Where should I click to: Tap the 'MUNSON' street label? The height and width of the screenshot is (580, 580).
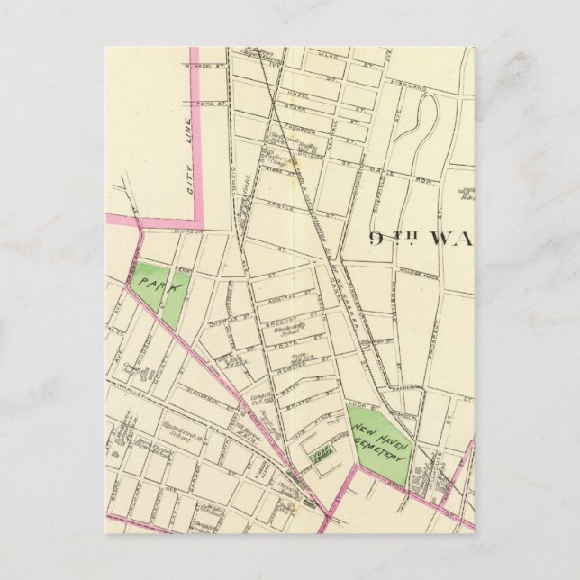point(191,231)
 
